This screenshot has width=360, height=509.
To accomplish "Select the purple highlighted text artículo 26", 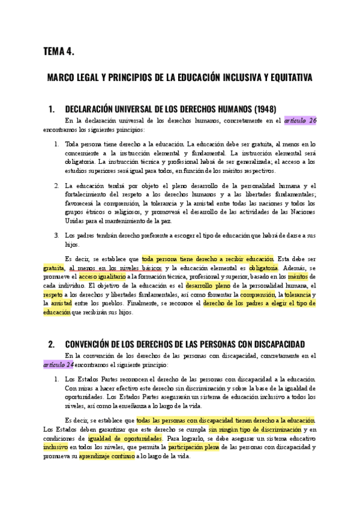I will [300, 121].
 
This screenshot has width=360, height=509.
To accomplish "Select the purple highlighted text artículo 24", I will [58, 364].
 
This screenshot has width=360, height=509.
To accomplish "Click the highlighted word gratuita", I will [54, 268].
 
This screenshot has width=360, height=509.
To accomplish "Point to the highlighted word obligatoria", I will [263, 268].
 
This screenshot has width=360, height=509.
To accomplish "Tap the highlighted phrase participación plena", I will [193, 447].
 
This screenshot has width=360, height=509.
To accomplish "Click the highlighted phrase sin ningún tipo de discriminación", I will [254, 429].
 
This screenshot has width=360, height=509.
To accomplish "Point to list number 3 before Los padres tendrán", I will [56, 235].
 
